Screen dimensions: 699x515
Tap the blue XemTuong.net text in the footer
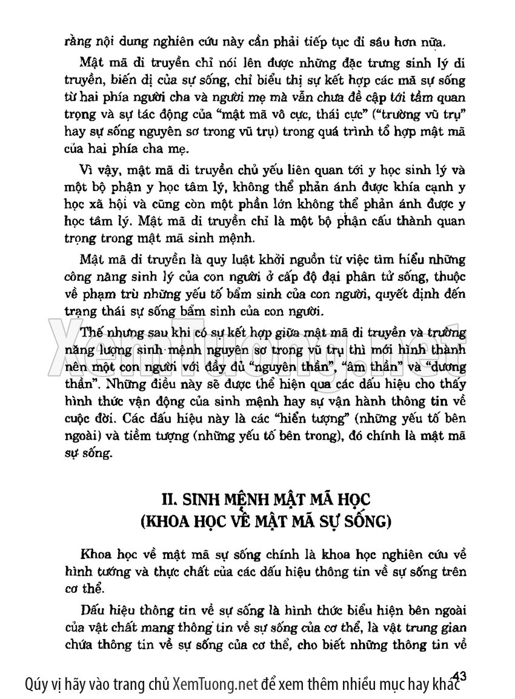coord(216,685)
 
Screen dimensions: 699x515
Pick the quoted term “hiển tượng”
coord(311,419)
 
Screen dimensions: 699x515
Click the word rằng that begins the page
coord(78,42)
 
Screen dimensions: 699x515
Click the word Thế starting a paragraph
coord(90,333)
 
